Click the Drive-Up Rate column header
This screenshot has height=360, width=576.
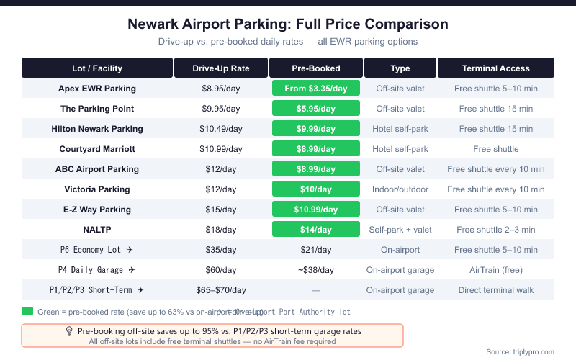point(221,68)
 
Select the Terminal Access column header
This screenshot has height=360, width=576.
point(495,68)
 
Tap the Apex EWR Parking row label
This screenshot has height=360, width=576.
point(97,89)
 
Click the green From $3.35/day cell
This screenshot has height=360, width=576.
point(315,89)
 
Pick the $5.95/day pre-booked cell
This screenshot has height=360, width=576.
point(315,109)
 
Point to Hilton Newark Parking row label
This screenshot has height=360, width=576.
point(97,129)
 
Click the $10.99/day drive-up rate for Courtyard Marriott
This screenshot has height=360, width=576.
point(221,149)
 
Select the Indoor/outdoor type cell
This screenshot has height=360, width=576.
point(400,189)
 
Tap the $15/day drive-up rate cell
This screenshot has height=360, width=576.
point(221,210)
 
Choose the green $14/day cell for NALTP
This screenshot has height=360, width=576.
point(315,230)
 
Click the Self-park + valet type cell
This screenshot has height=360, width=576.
point(400,230)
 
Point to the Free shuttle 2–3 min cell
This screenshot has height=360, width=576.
point(495,230)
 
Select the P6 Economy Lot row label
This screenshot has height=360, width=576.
point(97,250)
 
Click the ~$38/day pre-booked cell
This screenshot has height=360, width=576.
point(315,270)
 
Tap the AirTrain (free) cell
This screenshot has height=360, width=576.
point(495,270)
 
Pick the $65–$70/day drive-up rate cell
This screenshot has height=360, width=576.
point(221,290)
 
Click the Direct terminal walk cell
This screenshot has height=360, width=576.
point(495,290)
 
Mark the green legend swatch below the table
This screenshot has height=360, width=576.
point(27,312)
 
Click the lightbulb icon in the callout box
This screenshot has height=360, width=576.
point(70,331)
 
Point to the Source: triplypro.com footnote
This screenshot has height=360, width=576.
point(521,351)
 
